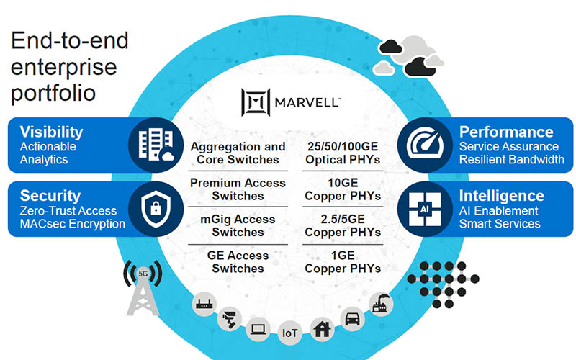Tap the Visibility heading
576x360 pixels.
[51, 132]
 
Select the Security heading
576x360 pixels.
[50, 195]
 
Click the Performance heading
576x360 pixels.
[506, 132]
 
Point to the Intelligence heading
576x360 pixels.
[502, 195]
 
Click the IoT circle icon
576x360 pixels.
[290, 333]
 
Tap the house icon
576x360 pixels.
[321, 328]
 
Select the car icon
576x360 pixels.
[351, 319]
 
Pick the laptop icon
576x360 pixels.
[258, 329]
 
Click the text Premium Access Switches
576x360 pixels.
[238, 189]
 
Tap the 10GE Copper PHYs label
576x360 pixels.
[342, 189]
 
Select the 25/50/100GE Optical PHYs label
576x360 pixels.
[342, 153]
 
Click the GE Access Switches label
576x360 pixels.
[238, 262]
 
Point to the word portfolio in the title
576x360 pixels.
[53, 94]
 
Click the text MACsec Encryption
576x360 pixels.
[73, 223]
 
